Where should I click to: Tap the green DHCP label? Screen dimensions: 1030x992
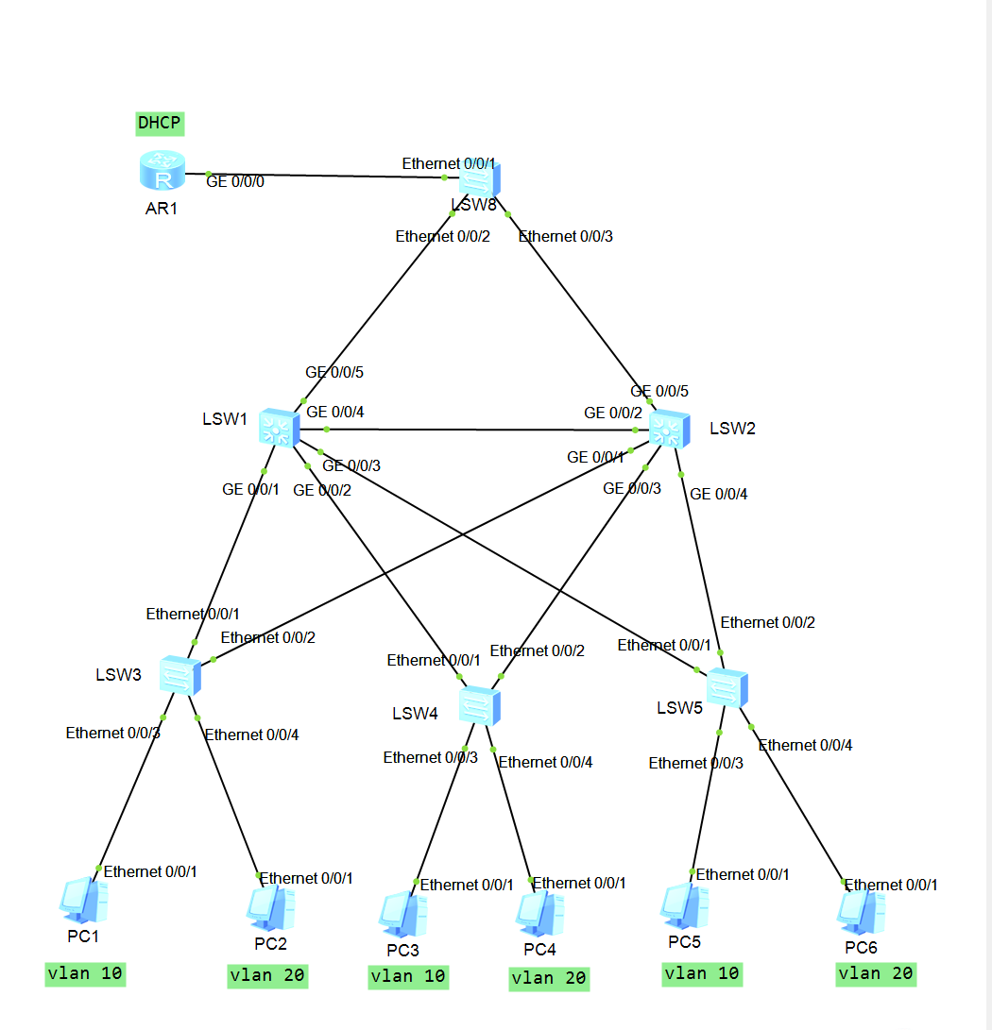[x=159, y=122]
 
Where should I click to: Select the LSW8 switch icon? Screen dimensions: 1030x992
[x=480, y=178]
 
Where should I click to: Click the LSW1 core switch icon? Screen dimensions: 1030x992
[x=279, y=428]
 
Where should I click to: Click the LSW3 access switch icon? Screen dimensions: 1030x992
[x=179, y=675]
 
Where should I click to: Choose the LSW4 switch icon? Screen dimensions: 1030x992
[x=479, y=705]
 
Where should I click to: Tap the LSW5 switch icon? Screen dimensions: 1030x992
[x=727, y=687]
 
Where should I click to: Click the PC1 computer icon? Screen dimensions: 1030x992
[x=83, y=901]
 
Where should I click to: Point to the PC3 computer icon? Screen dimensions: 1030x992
[x=403, y=914]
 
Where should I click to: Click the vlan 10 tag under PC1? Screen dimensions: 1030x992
[x=85, y=973]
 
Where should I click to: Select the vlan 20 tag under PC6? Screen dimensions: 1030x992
[x=876, y=973]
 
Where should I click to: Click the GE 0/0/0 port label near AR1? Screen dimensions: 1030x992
[x=235, y=182]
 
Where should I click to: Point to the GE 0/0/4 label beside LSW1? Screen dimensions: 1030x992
[x=335, y=412]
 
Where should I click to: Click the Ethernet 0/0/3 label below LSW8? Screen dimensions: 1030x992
[x=566, y=236]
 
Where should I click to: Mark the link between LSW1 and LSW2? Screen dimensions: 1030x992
[x=472, y=430]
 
